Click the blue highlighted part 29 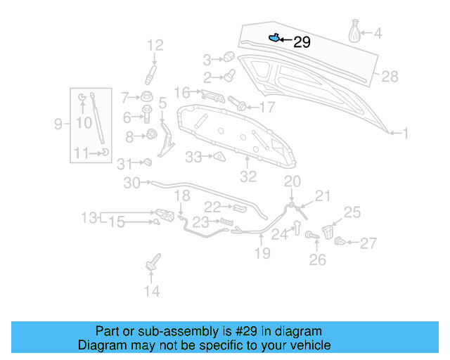pyautogui.click(x=274, y=38)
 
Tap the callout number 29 pyautogui.click(x=302, y=42)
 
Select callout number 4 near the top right pyautogui.click(x=378, y=33)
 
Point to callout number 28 pyautogui.click(x=390, y=77)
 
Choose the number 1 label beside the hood pyautogui.click(x=405, y=132)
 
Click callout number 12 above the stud pyautogui.click(x=155, y=46)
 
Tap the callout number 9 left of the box pyautogui.click(x=59, y=124)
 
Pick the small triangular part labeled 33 pyautogui.click(x=218, y=156)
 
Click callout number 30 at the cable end pyautogui.click(x=132, y=183)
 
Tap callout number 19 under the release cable pyautogui.click(x=262, y=253)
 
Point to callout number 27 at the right pyautogui.click(x=368, y=244)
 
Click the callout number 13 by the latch pyautogui.click(x=89, y=218)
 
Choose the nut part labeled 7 pyautogui.click(x=147, y=96)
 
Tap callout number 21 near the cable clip pyautogui.click(x=322, y=195)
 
